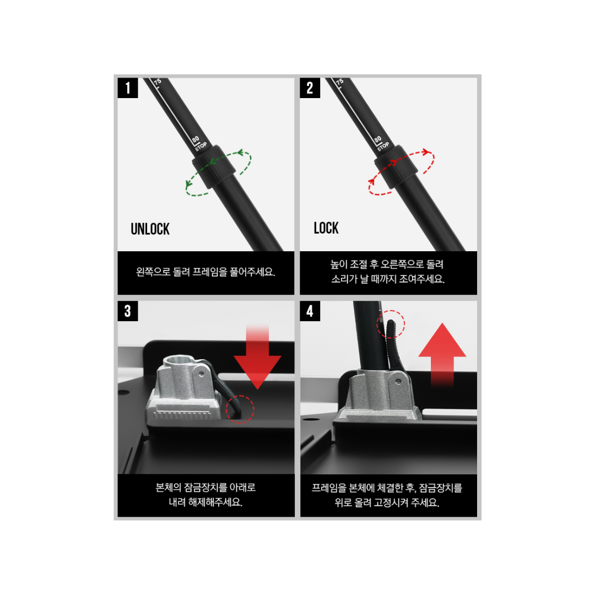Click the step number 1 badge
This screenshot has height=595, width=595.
click(x=127, y=88)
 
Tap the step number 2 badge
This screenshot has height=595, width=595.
click(x=310, y=88)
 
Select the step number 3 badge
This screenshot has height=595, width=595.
click(x=127, y=311)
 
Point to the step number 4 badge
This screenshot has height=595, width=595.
click(x=310, y=311)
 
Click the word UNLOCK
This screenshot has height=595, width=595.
click(x=150, y=229)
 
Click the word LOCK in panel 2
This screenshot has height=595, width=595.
click(x=326, y=228)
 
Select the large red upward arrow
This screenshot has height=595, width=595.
click(x=442, y=355)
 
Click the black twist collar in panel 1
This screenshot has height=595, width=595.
click(x=214, y=166)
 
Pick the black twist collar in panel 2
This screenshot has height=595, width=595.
click(x=396, y=166)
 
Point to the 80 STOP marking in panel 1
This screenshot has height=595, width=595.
click(x=199, y=143)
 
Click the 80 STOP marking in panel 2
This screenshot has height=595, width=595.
click(x=381, y=143)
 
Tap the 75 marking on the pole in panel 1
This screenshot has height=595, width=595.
click(x=158, y=82)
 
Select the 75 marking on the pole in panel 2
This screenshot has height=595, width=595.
click(x=339, y=82)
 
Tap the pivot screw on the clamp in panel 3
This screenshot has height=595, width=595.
click(x=201, y=374)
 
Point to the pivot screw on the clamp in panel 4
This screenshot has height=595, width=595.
click(x=398, y=381)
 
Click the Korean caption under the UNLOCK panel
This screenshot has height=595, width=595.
click(x=205, y=272)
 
